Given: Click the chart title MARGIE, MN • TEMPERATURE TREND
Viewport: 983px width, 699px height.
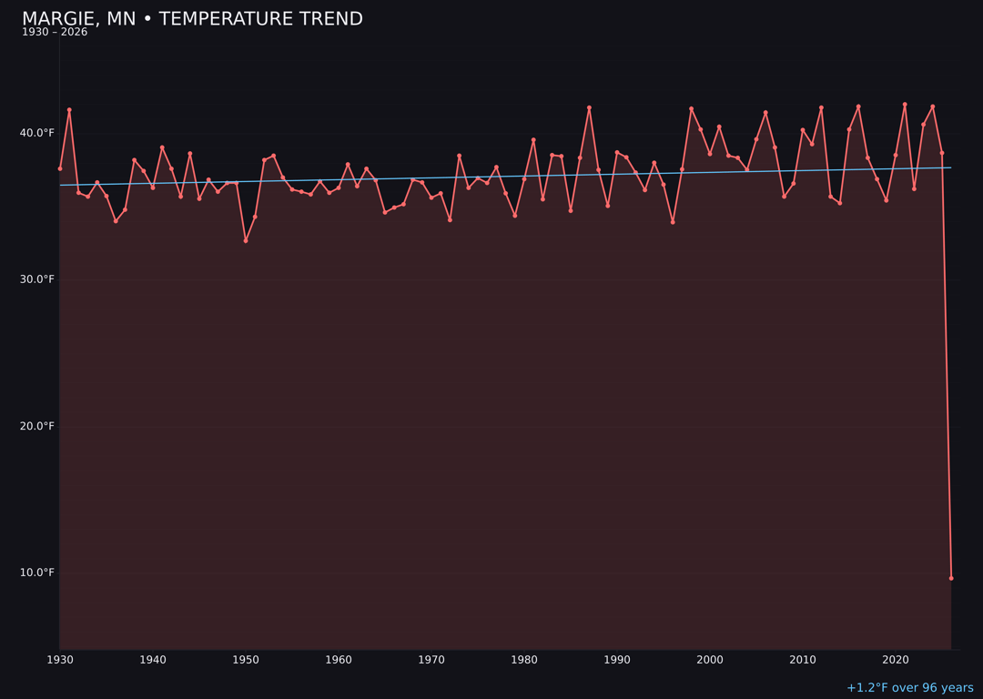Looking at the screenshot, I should [x=192, y=19].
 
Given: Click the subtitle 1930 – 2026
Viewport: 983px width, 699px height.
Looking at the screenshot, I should [x=55, y=33].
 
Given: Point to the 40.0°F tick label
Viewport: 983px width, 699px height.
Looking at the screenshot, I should [x=37, y=133].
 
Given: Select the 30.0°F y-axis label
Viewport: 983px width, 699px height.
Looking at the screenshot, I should [x=37, y=279].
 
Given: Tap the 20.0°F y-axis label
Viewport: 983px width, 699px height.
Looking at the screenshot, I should [x=37, y=426].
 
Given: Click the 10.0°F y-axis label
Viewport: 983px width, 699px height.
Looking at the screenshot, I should [x=37, y=572].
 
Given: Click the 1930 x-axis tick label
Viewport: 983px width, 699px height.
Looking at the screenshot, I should [x=60, y=660].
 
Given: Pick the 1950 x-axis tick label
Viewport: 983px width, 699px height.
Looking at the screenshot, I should [x=246, y=660].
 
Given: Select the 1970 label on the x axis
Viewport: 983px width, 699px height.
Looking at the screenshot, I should [x=431, y=660].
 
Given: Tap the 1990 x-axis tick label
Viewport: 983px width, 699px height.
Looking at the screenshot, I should [x=617, y=660].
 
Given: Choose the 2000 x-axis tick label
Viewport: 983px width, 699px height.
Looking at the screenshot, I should [x=710, y=660].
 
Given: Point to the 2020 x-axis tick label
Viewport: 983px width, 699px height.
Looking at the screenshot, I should [x=896, y=660].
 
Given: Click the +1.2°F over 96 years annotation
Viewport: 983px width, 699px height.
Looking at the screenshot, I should [x=909, y=688].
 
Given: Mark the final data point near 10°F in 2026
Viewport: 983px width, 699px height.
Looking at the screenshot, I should [x=951, y=578].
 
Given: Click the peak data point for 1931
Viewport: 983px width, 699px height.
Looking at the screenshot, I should [x=69, y=110].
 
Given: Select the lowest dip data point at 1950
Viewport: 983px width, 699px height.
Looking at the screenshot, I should [x=246, y=240].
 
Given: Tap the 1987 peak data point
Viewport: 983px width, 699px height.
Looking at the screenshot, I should [x=589, y=107].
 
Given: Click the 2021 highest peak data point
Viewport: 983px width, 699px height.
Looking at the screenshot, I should [x=905, y=105].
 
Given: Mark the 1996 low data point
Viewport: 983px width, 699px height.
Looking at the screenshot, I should [x=673, y=222].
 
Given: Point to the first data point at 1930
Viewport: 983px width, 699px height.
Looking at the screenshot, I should [x=60, y=168].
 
